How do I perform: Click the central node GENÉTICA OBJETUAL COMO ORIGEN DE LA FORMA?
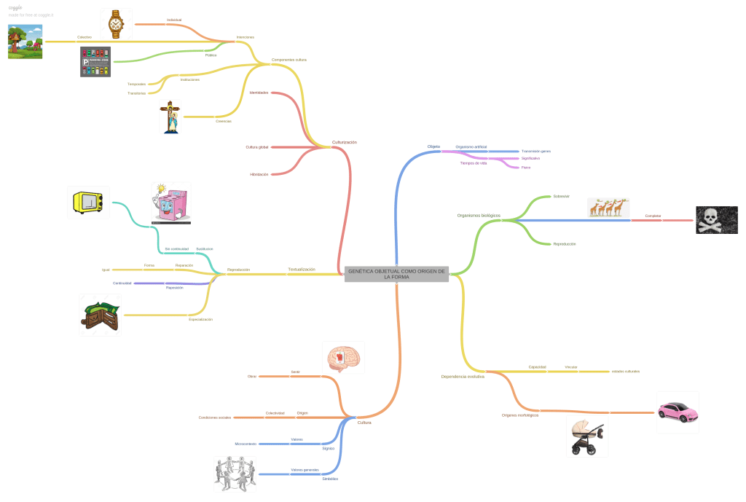click(396, 274)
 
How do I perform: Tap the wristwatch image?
click(116, 24)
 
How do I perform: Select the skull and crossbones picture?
click(716, 219)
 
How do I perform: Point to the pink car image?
click(678, 411)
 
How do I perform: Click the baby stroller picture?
click(587, 437)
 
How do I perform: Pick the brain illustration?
click(343, 358)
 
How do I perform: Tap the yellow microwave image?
click(88, 202)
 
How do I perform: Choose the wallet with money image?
click(100, 315)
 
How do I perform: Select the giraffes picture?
click(608, 208)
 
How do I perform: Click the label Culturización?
click(345, 142)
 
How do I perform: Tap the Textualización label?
click(302, 270)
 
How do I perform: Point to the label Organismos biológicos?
click(479, 216)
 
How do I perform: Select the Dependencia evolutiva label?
click(463, 377)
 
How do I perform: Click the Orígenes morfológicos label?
click(520, 415)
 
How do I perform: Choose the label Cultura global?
click(257, 147)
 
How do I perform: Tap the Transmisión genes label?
click(535, 151)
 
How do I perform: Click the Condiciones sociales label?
click(214, 417)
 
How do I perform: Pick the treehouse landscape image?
click(25, 42)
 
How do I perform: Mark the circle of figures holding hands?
click(235, 474)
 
